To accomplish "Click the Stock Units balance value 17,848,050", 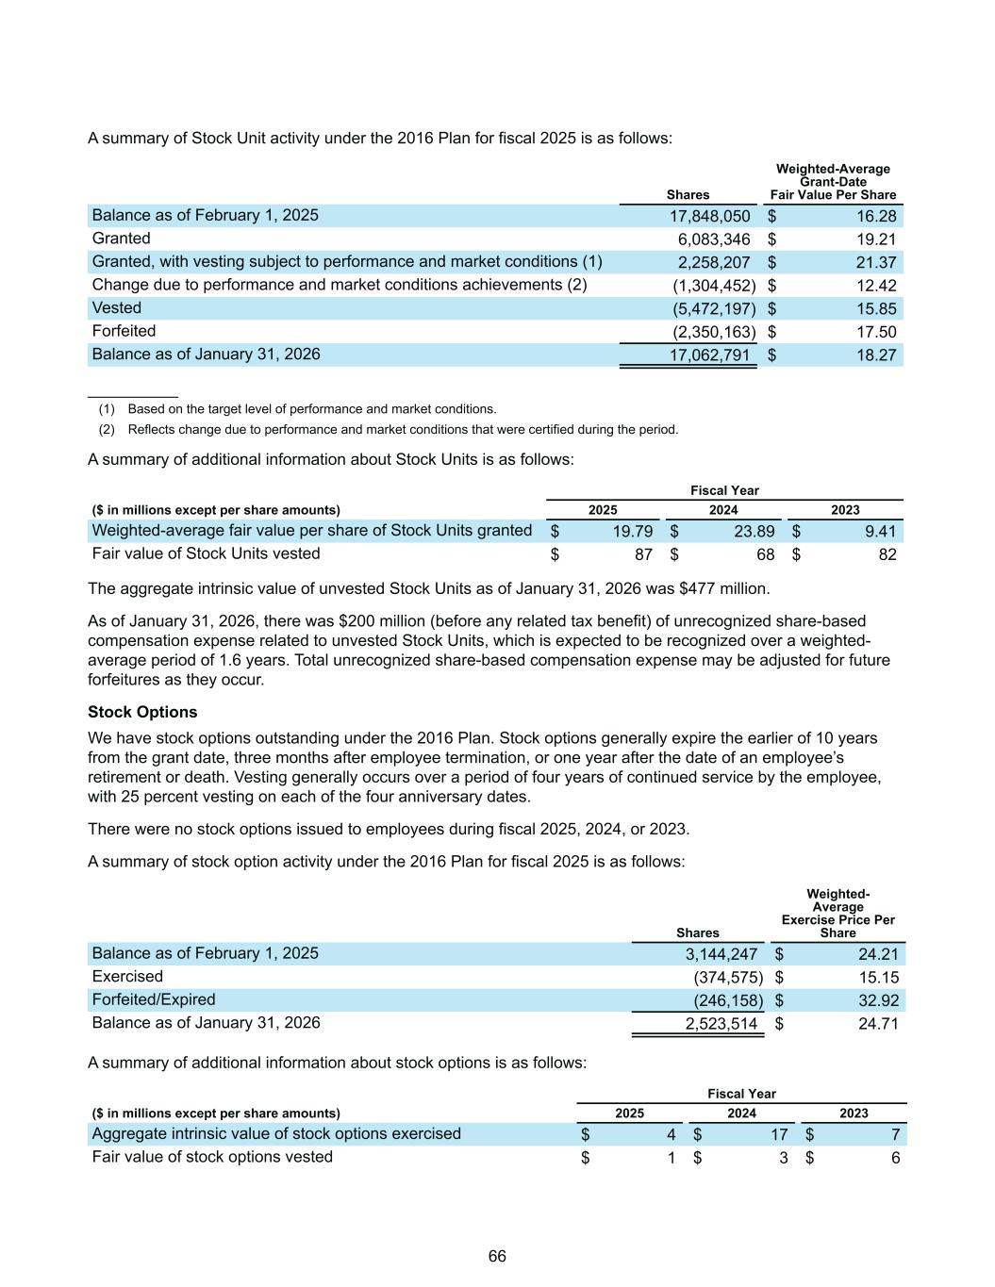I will click(x=710, y=216).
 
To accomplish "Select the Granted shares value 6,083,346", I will click(x=714, y=239).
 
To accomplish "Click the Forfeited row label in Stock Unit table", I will click(x=124, y=331).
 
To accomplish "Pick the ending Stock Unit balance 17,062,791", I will click(x=710, y=355).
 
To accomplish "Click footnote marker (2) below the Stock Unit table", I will click(x=107, y=430).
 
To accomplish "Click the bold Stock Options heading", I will click(x=142, y=712).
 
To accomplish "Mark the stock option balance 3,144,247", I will click(x=721, y=954).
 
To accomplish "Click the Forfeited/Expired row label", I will click(x=154, y=999).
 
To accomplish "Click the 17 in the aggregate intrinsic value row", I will click(x=779, y=1134).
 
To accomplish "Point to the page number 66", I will click(x=497, y=1257).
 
